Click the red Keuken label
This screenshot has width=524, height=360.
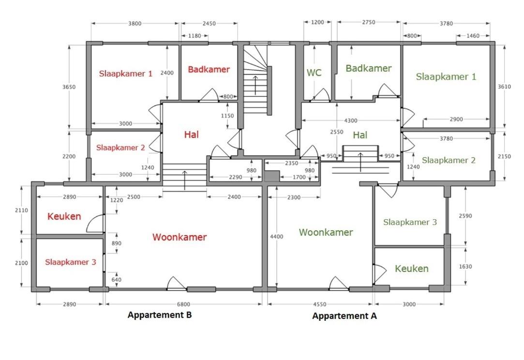tap(64, 216)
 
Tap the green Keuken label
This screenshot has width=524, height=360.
tap(412, 269)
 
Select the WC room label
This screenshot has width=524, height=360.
tap(314, 73)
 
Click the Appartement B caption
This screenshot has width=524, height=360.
tap(160, 315)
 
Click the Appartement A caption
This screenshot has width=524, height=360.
tap(344, 316)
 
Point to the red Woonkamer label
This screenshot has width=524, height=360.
tap(180, 237)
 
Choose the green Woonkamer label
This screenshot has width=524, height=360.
tap(326, 232)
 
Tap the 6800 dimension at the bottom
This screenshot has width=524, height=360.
tap(183, 304)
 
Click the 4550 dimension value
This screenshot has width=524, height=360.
tap(320, 304)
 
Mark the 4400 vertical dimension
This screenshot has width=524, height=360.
tap(277, 237)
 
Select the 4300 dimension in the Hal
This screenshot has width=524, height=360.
tap(351, 120)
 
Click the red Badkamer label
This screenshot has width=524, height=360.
tap(209, 69)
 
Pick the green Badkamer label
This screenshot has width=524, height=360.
tap(369, 68)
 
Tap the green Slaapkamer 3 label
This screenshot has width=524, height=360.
tap(410, 222)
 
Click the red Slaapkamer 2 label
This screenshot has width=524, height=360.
tap(120, 148)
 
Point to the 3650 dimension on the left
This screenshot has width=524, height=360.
tap(69, 87)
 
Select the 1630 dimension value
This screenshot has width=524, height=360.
tap(465, 267)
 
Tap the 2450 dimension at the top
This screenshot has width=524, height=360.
tap(209, 23)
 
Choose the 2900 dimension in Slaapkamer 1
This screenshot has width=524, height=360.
tap(456, 119)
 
